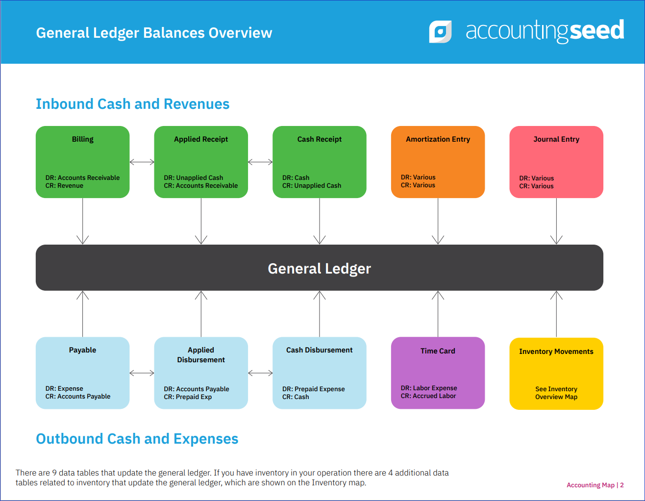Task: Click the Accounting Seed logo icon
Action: tap(440, 31)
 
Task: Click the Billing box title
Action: tap(82, 139)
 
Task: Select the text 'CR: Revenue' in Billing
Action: tap(64, 185)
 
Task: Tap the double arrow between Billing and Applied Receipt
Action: tap(142, 162)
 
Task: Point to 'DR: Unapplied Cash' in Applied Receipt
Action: tap(193, 177)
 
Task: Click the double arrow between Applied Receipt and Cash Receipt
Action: tap(260, 162)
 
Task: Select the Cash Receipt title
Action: tap(320, 139)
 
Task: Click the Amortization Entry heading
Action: tap(438, 139)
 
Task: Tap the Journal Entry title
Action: tap(556, 139)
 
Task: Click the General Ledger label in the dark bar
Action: tap(320, 269)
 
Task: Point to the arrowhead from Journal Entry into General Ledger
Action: tap(556, 240)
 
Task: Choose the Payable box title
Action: tap(82, 350)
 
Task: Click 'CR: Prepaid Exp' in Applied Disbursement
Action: tap(188, 397)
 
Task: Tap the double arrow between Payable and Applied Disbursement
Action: tap(142, 373)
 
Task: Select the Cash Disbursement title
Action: tap(320, 350)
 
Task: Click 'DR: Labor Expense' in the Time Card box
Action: tap(429, 388)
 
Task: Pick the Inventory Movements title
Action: tap(556, 351)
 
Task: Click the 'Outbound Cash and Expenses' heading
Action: tap(137, 439)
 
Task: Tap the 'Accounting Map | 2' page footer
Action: tap(595, 485)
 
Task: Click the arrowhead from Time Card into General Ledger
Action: tap(438, 295)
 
